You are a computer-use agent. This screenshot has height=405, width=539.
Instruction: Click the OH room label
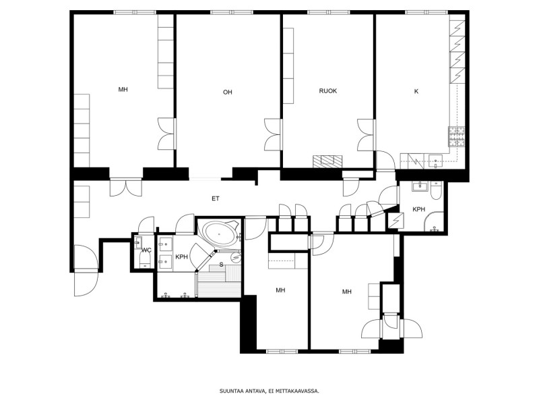(228, 92)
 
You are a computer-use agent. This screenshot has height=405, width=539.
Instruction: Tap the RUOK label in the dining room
(328, 91)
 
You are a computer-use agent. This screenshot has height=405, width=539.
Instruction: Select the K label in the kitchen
(416, 91)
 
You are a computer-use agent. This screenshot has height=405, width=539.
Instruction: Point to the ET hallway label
(216, 198)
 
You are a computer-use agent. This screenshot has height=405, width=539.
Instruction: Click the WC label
(147, 250)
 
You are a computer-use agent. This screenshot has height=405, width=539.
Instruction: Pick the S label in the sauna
(222, 265)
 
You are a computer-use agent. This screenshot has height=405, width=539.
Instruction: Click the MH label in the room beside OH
(123, 90)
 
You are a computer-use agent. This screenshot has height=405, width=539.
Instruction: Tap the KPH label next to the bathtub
(181, 257)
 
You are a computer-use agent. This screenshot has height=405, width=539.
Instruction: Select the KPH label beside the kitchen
(418, 209)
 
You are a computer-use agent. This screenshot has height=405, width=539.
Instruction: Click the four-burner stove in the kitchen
(457, 137)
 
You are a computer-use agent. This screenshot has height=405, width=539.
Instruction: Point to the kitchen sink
(436, 161)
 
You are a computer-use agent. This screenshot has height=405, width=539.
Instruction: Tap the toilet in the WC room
(146, 260)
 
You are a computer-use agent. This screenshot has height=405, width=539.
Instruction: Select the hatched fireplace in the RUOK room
(327, 161)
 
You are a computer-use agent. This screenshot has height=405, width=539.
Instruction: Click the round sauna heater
(235, 256)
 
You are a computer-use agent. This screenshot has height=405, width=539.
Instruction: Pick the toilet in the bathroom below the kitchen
(435, 191)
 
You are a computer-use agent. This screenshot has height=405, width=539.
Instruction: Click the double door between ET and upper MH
(126, 188)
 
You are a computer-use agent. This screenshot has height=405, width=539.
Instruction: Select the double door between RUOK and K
(366, 134)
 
